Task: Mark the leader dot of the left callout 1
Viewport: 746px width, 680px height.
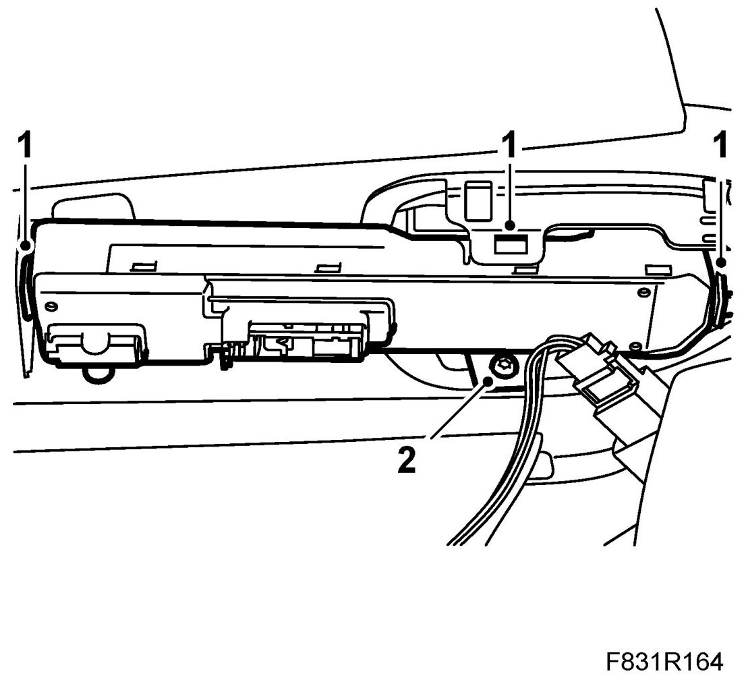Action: click(26, 246)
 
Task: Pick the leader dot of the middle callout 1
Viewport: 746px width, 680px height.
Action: click(511, 225)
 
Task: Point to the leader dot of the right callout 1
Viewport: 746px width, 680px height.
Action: click(722, 263)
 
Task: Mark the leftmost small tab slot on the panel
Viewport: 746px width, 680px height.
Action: click(140, 266)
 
